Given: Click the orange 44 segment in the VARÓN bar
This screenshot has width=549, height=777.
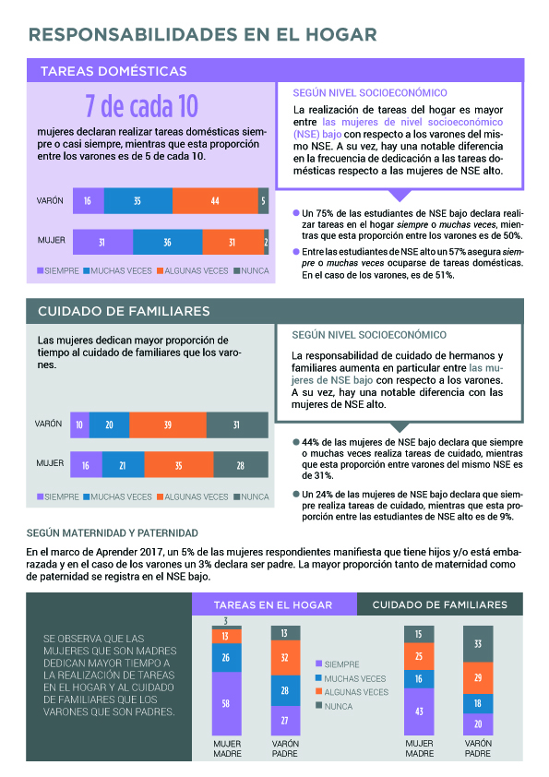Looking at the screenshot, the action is pyautogui.click(x=215, y=200).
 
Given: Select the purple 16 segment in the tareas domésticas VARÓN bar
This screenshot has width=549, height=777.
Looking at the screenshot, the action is pyautogui.click(x=89, y=200).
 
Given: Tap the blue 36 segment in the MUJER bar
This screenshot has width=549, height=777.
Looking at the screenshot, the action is pyautogui.click(x=168, y=242).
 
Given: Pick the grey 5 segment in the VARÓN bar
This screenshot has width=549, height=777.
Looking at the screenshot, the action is pyautogui.click(x=263, y=200).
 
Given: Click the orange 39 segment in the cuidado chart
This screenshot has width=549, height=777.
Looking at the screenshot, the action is pyautogui.click(x=168, y=424).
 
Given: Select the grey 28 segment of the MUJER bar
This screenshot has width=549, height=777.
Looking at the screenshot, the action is pyautogui.click(x=241, y=465).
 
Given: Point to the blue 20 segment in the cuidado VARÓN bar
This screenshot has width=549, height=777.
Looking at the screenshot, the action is pyautogui.click(x=110, y=424).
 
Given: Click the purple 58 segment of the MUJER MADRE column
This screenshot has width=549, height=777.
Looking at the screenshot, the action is pyautogui.click(x=226, y=704).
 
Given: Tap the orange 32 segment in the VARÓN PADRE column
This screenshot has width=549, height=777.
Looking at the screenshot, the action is pyautogui.click(x=285, y=658).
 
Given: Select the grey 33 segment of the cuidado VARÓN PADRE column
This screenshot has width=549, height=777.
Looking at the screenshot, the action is pyautogui.click(x=478, y=644).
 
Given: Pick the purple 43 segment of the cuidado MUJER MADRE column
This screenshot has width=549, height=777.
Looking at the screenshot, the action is pyautogui.click(x=419, y=711).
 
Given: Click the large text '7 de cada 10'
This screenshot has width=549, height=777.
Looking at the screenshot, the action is pyautogui.click(x=142, y=106).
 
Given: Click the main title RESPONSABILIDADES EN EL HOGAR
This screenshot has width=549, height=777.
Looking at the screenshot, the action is pyautogui.click(x=203, y=35).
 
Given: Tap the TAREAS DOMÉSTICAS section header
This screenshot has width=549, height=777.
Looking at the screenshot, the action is pyautogui.click(x=114, y=71).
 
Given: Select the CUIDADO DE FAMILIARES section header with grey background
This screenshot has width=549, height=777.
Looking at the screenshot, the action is pyautogui.click(x=124, y=311).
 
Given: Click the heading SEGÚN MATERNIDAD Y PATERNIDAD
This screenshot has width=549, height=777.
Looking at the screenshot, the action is pyautogui.click(x=113, y=533).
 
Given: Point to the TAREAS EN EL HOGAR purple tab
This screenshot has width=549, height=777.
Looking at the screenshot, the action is pyautogui.click(x=274, y=604).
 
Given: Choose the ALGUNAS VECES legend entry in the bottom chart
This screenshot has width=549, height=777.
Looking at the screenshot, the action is pyautogui.click(x=352, y=692).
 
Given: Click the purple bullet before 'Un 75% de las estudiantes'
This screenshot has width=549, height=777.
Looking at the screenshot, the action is pyautogui.click(x=296, y=213).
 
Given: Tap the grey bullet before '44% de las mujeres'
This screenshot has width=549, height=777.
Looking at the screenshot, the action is pyautogui.click(x=296, y=442).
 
